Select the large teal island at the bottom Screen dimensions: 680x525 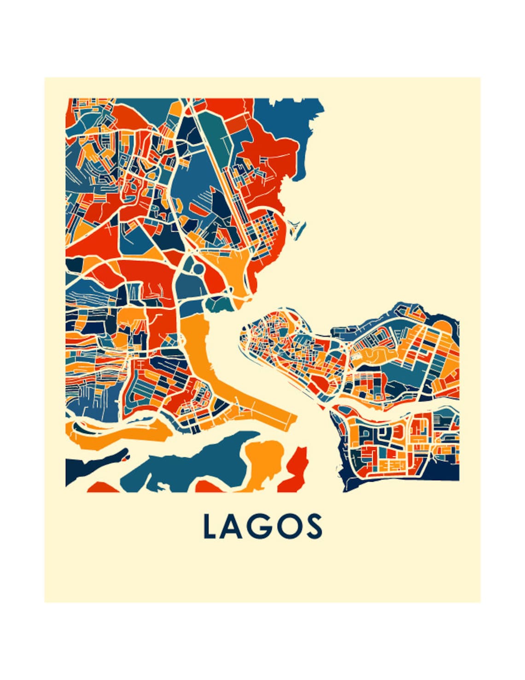click(x=193, y=466)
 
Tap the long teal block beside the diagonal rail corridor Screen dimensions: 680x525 click(x=216, y=134)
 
